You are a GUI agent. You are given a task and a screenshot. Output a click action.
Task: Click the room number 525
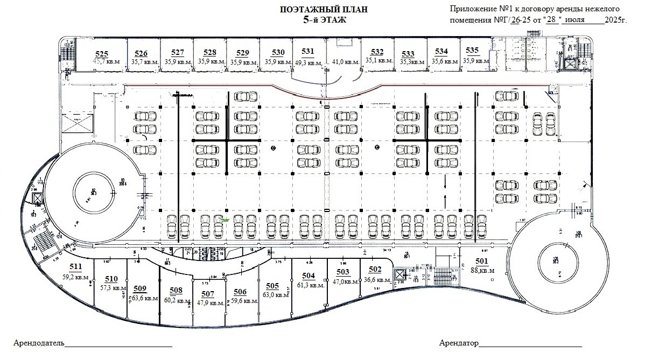[102, 53]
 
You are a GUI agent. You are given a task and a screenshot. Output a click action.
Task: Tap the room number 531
[307, 52]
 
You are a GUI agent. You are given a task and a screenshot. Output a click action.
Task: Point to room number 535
[472, 50]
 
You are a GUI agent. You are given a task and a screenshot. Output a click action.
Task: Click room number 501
[481, 262]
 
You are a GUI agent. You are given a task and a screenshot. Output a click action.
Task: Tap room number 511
[76, 266]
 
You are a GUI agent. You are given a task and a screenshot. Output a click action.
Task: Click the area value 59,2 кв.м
[76, 277]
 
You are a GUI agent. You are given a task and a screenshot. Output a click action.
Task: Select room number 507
[208, 294]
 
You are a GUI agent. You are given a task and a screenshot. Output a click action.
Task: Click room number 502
[375, 270]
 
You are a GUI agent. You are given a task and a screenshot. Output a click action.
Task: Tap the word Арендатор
[459, 343]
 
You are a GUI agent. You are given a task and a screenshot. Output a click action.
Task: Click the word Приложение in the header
[473, 9]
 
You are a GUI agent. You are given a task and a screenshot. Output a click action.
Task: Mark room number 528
[210, 52]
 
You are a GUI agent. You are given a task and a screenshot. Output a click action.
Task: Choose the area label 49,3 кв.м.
[308, 62]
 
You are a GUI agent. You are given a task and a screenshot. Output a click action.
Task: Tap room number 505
[272, 286]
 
